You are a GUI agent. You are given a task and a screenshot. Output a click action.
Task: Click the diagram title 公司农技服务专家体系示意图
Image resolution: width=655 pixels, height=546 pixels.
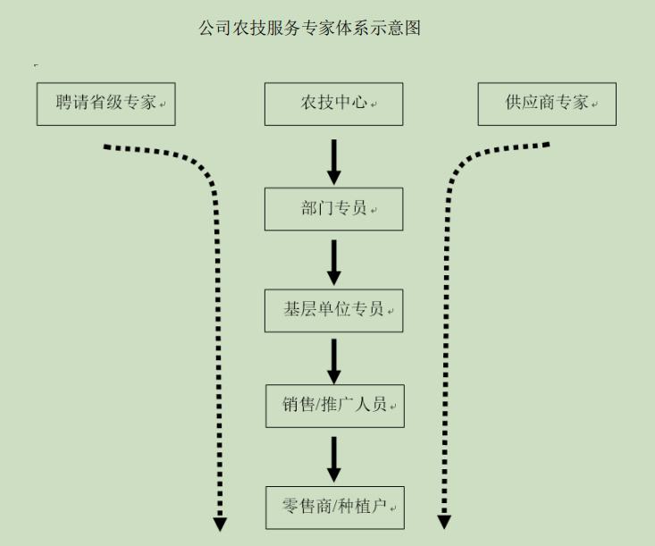309,29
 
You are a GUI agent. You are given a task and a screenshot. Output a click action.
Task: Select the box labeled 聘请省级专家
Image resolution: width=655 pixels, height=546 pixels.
105,104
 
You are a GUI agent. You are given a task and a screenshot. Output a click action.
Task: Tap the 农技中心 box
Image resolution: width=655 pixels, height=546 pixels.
333,104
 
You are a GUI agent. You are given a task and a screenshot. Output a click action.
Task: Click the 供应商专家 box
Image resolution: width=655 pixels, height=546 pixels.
547,104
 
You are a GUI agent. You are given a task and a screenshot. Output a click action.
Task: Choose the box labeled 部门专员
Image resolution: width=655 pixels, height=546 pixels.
333,209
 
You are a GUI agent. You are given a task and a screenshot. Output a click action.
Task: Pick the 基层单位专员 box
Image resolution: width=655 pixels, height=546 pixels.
333,310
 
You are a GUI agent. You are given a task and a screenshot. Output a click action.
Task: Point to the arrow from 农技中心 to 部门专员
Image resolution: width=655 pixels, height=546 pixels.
333,161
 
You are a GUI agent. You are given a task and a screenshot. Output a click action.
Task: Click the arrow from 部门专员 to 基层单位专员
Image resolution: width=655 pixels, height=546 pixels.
333,262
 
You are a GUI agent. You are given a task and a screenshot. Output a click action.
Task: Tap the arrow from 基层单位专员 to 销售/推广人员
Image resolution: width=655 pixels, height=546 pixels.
333,360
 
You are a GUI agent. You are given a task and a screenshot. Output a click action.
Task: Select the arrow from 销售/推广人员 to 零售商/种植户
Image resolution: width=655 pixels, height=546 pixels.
333,458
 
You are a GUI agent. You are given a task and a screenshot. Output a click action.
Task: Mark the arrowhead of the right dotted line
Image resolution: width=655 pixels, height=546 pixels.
444,521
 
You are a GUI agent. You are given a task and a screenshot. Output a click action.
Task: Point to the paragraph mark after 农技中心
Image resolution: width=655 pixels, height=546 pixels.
374,105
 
